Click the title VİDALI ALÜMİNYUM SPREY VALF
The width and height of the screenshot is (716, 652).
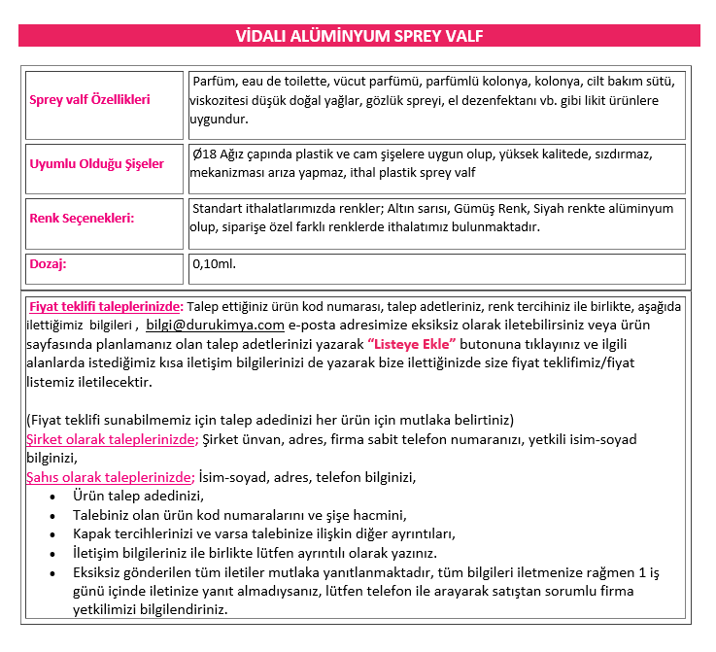[359, 36]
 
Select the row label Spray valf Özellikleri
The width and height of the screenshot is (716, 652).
[90, 100]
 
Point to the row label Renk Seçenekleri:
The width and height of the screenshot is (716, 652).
[82, 218]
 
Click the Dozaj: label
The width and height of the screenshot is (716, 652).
[49, 263]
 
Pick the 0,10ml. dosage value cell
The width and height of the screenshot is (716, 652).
[215, 263]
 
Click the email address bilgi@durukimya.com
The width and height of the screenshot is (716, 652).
[215, 326]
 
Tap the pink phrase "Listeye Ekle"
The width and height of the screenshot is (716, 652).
[412, 344]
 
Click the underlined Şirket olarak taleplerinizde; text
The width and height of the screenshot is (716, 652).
[113, 439]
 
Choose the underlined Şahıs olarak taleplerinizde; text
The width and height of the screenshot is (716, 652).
[111, 477]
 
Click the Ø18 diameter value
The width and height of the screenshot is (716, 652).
[204, 154]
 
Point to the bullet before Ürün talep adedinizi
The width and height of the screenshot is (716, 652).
[51, 497]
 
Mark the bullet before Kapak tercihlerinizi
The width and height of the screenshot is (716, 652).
[51, 534]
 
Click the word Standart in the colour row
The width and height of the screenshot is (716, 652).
[219, 209]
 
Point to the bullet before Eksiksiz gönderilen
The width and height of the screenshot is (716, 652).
[51, 573]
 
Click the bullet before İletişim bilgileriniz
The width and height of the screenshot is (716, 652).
[51, 554]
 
